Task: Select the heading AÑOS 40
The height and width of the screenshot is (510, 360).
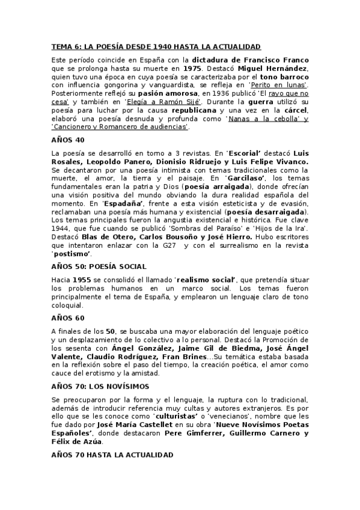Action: pos(68,140)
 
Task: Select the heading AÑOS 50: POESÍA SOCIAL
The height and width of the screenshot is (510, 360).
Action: pos(99,266)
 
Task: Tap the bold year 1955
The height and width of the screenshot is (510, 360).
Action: pos(81,280)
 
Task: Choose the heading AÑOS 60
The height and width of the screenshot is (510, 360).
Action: pos(68,318)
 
